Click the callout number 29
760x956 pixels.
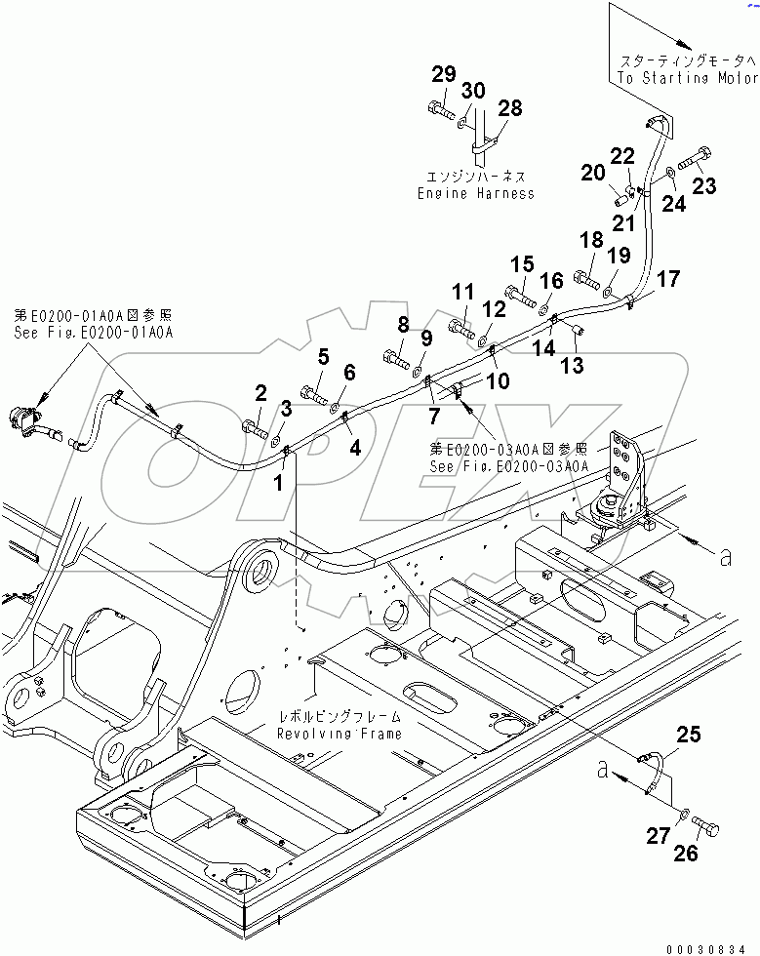(444, 74)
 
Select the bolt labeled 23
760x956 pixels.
(694, 158)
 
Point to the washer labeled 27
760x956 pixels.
(684, 813)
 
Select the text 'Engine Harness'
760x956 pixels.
(475, 193)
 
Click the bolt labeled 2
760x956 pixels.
(253, 425)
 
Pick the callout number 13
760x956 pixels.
(573, 364)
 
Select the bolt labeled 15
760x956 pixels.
(518, 292)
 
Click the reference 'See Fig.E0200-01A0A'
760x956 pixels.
(93, 332)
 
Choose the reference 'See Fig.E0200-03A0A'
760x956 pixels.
(509, 466)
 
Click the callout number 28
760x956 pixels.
(510, 107)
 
